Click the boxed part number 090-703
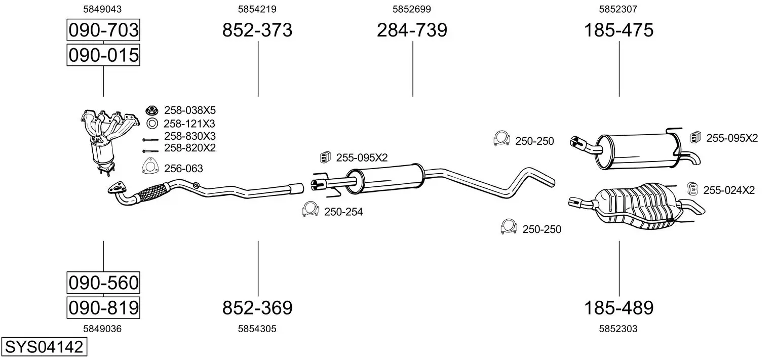click(103, 30)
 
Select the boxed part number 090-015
click(103, 55)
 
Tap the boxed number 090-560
click(103, 283)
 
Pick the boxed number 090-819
click(103, 307)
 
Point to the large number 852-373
click(257, 30)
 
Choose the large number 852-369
click(257, 307)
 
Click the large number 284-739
click(412, 30)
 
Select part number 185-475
click(618, 30)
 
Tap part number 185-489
click(618, 307)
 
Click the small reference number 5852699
click(412, 9)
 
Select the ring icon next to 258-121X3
click(151, 123)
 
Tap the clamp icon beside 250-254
click(309, 210)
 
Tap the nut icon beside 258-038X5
click(151, 109)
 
